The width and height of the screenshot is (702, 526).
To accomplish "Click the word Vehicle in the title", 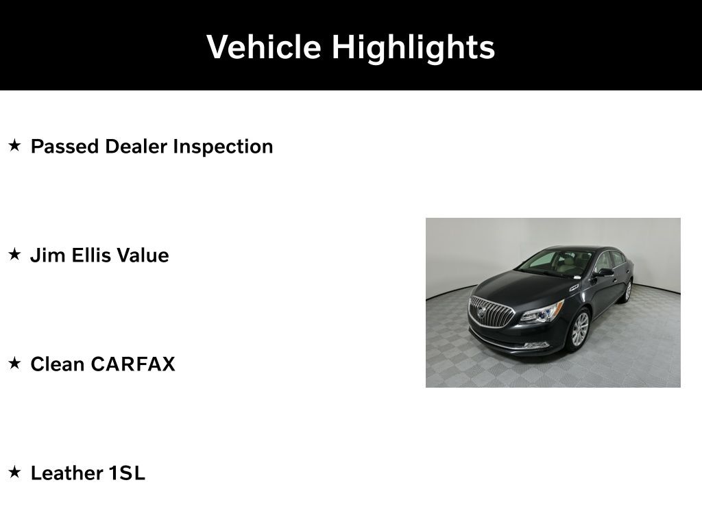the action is [264, 47].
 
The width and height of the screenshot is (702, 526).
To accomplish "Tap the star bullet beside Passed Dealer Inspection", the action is [15, 145].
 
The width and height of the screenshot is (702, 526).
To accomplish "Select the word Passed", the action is [64, 147].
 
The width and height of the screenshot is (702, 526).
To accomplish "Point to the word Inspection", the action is [223, 147].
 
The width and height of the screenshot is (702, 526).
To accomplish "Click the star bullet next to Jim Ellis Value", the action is [15, 254].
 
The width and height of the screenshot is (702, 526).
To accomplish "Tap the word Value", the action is [143, 255].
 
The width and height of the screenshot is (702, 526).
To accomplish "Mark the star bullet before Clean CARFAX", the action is [15, 363].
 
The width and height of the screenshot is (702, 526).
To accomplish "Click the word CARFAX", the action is [133, 364].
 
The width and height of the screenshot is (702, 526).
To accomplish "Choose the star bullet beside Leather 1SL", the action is [15, 472].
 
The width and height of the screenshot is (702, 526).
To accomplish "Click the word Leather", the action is [66, 473].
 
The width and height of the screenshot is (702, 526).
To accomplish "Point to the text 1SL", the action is [127, 473].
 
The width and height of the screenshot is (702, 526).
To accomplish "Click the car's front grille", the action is [491, 312].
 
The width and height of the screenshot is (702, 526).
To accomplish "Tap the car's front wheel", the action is [580, 329].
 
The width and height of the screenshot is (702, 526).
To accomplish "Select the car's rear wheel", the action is [628, 290].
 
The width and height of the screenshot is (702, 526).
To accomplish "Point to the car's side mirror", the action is [605, 272].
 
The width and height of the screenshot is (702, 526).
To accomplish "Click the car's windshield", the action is [555, 264].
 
